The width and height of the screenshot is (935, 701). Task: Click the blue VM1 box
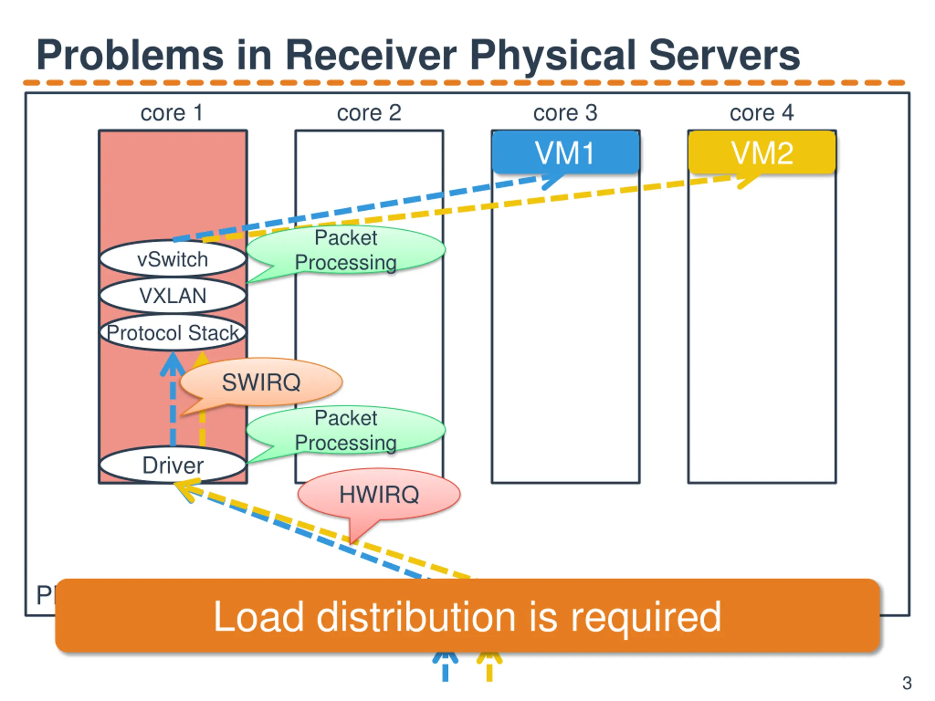[565, 152]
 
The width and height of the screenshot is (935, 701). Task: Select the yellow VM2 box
[762, 152]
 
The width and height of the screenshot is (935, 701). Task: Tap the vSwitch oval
[172, 259]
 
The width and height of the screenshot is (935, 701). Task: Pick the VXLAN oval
[172, 295]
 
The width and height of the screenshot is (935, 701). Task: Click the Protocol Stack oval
[172, 333]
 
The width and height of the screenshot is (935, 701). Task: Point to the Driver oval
[172, 465]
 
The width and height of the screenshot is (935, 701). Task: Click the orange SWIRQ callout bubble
[261, 382]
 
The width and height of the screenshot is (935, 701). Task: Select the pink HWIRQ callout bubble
[379, 494]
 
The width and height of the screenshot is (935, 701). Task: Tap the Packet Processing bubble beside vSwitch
[346, 250]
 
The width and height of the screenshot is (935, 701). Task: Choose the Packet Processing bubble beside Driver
[346, 430]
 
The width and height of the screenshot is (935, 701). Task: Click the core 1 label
[172, 113]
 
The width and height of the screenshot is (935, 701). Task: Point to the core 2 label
[369, 113]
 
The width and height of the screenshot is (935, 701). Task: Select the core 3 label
[565, 113]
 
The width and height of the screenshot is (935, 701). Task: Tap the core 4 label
[762, 113]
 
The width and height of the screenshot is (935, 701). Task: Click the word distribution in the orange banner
[416, 617]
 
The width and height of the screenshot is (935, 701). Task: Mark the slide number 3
[907, 683]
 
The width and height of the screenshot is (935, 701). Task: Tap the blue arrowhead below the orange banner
[445, 658]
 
